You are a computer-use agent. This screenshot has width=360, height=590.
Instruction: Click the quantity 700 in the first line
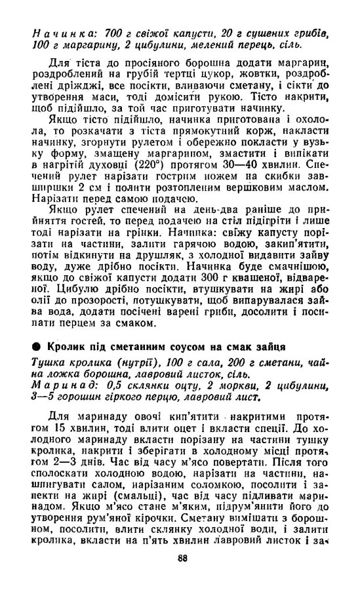pos(111,32)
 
